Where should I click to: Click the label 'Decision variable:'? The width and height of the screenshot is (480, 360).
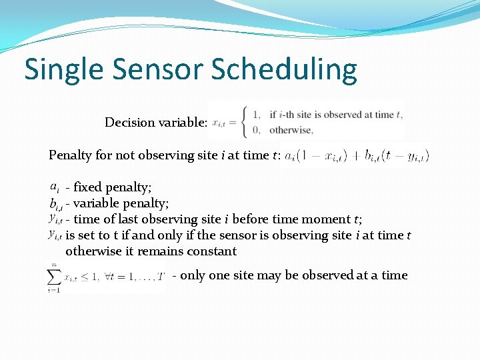point(156,122)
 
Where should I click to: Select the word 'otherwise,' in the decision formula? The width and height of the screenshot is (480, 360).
point(291,130)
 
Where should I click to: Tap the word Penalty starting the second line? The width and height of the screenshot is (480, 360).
point(71,155)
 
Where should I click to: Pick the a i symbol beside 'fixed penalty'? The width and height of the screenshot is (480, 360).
point(56,187)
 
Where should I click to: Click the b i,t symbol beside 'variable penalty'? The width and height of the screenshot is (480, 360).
point(56,203)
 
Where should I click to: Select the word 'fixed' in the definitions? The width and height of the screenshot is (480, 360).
point(89,187)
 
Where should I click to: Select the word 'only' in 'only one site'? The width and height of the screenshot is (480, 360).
point(193,275)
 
